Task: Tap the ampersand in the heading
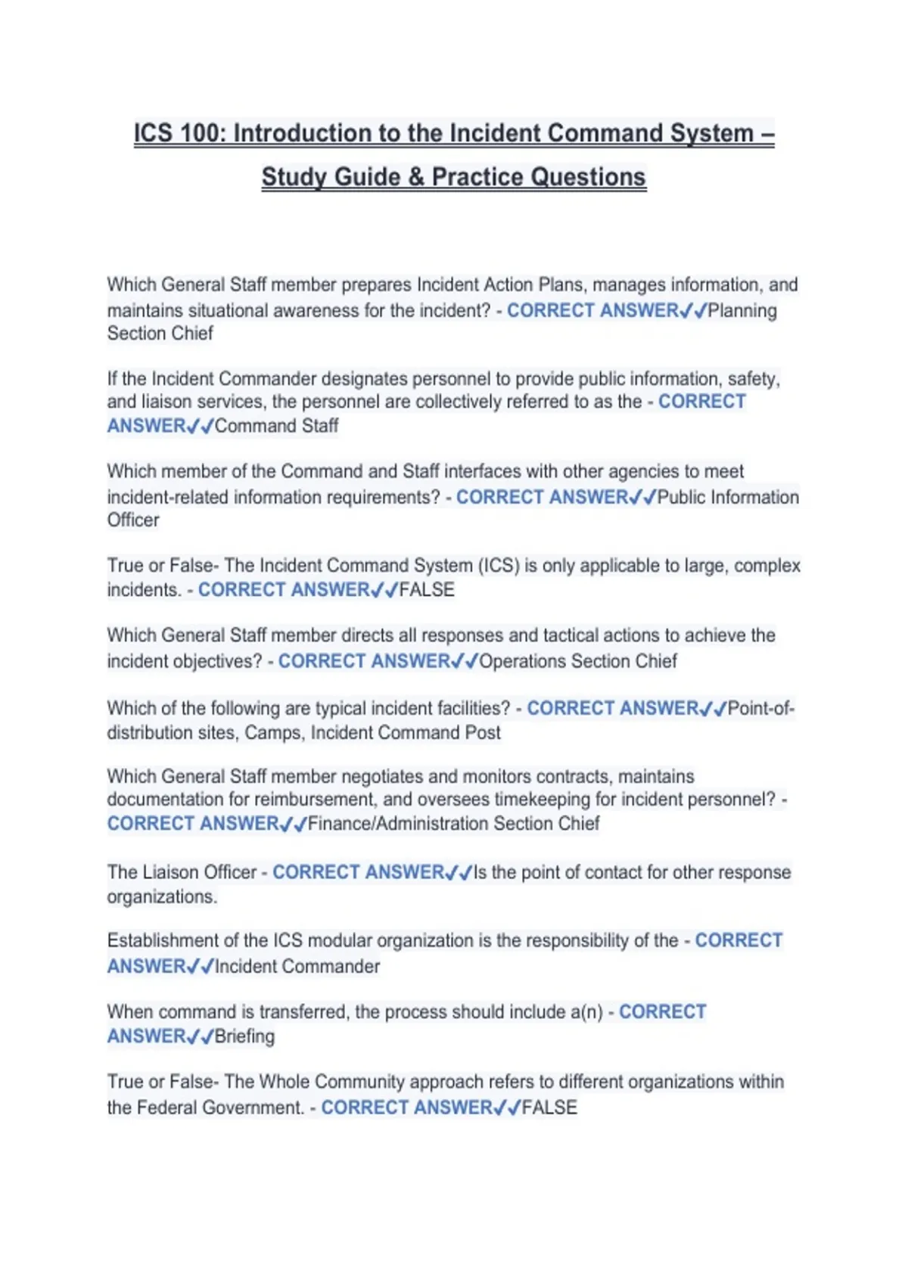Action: tap(415, 177)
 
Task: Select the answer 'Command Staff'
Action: tap(276, 426)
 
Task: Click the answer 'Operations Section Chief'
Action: tap(578, 661)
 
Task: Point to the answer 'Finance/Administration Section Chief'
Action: tap(453, 823)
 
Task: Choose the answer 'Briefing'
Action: tap(244, 1036)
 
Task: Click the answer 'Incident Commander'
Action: tap(297, 966)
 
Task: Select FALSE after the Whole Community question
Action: tap(549, 1107)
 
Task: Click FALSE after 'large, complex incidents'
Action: tap(427, 589)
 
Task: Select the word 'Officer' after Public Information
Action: tap(133, 520)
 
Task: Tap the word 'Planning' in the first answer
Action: tap(742, 310)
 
